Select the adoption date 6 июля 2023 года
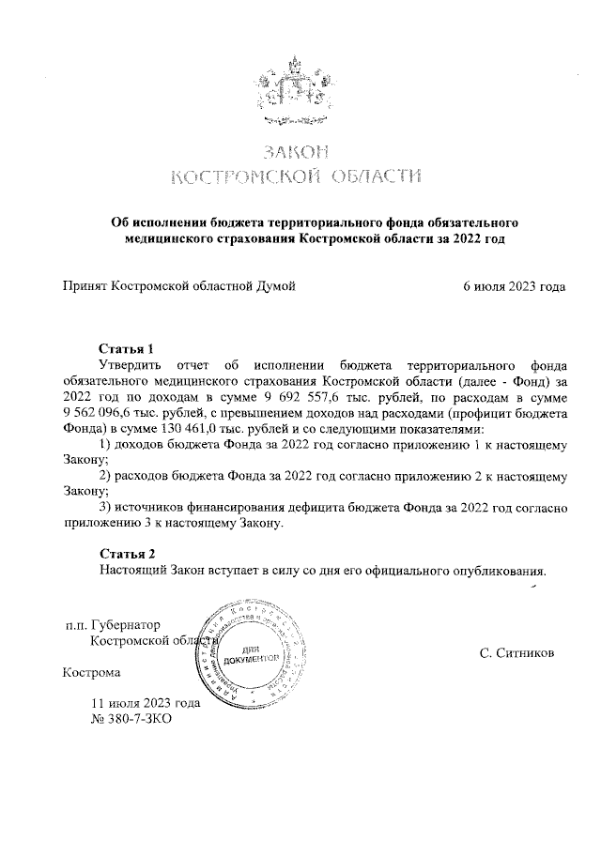coord(514,286)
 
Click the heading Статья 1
coord(126,349)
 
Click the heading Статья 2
coord(126,553)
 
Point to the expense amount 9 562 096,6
coord(103,413)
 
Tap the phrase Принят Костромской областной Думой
coord(178,286)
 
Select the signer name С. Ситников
coord(516,650)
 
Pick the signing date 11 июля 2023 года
coord(146,702)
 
